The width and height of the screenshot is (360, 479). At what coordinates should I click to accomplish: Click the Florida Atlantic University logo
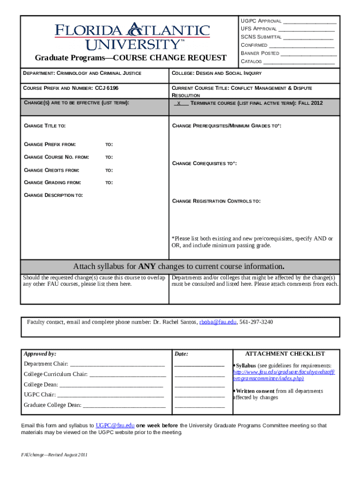coord(132,36)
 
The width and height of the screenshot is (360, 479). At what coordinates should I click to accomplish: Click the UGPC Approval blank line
coord(310,22)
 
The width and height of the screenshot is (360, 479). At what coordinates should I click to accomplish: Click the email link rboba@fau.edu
coord(218,322)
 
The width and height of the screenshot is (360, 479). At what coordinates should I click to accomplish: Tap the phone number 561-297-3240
coord(256,322)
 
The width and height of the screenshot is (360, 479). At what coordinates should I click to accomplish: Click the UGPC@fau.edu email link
coord(115,426)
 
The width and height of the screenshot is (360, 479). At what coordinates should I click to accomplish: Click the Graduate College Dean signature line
coord(124,405)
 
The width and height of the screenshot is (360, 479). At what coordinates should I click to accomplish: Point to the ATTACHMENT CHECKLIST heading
coord(285,354)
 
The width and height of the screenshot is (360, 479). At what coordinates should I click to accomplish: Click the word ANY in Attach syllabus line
coord(148,267)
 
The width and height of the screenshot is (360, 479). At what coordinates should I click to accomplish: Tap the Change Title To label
coord(44,126)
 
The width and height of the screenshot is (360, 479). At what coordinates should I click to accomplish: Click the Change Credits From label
coord(51,170)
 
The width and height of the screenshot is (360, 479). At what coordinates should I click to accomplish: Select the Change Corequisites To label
coord(204,164)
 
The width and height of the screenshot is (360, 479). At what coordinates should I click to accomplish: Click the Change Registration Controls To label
coord(216,201)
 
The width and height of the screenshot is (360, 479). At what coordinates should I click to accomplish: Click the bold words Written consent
coord(255,391)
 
